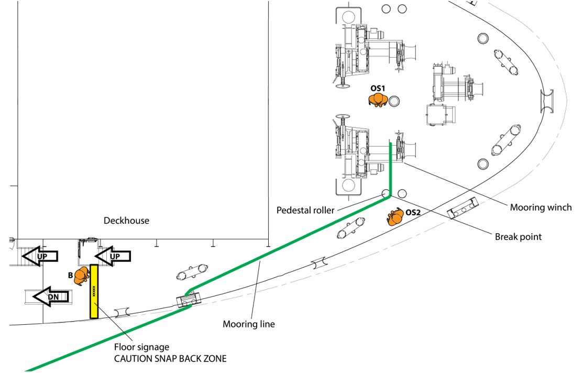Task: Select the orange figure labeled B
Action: [x=81, y=276]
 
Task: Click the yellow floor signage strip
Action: [x=94, y=291]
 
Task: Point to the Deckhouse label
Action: [x=126, y=221]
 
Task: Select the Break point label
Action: [x=518, y=236]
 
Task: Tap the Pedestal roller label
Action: [x=305, y=211]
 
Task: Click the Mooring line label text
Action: [x=248, y=324]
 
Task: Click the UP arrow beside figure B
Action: [x=113, y=256]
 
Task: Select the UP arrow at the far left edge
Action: [x=40, y=256]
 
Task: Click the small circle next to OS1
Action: [x=394, y=101]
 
